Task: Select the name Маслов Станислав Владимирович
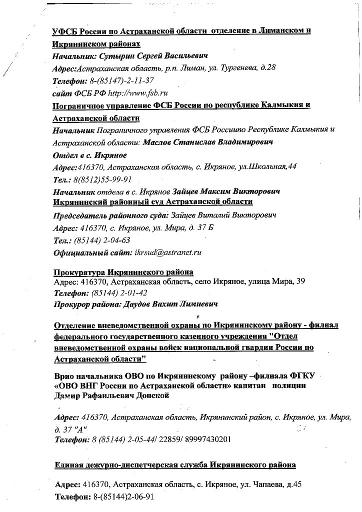208,142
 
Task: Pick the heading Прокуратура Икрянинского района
123,272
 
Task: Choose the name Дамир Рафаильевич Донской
111,395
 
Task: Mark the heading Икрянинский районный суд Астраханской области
152,201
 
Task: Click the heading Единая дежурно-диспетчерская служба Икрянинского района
175,465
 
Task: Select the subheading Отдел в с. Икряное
89,155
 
